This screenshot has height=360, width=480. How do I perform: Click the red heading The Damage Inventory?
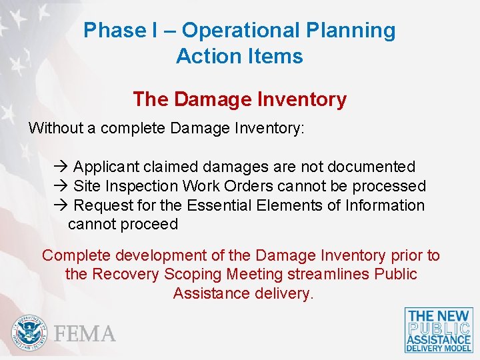[x=239, y=99]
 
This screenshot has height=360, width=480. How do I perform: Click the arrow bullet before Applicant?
[x=63, y=167]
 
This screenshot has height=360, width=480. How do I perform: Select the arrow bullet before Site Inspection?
[x=63, y=186]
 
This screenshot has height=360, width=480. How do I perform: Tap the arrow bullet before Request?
[x=63, y=205]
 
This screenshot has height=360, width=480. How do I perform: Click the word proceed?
[x=150, y=224]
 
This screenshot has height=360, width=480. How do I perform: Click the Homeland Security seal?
[x=29, y=332]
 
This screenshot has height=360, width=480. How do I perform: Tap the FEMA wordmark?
[x=85, y=333]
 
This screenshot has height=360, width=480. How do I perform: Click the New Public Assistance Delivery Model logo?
[x=439, y=330]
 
